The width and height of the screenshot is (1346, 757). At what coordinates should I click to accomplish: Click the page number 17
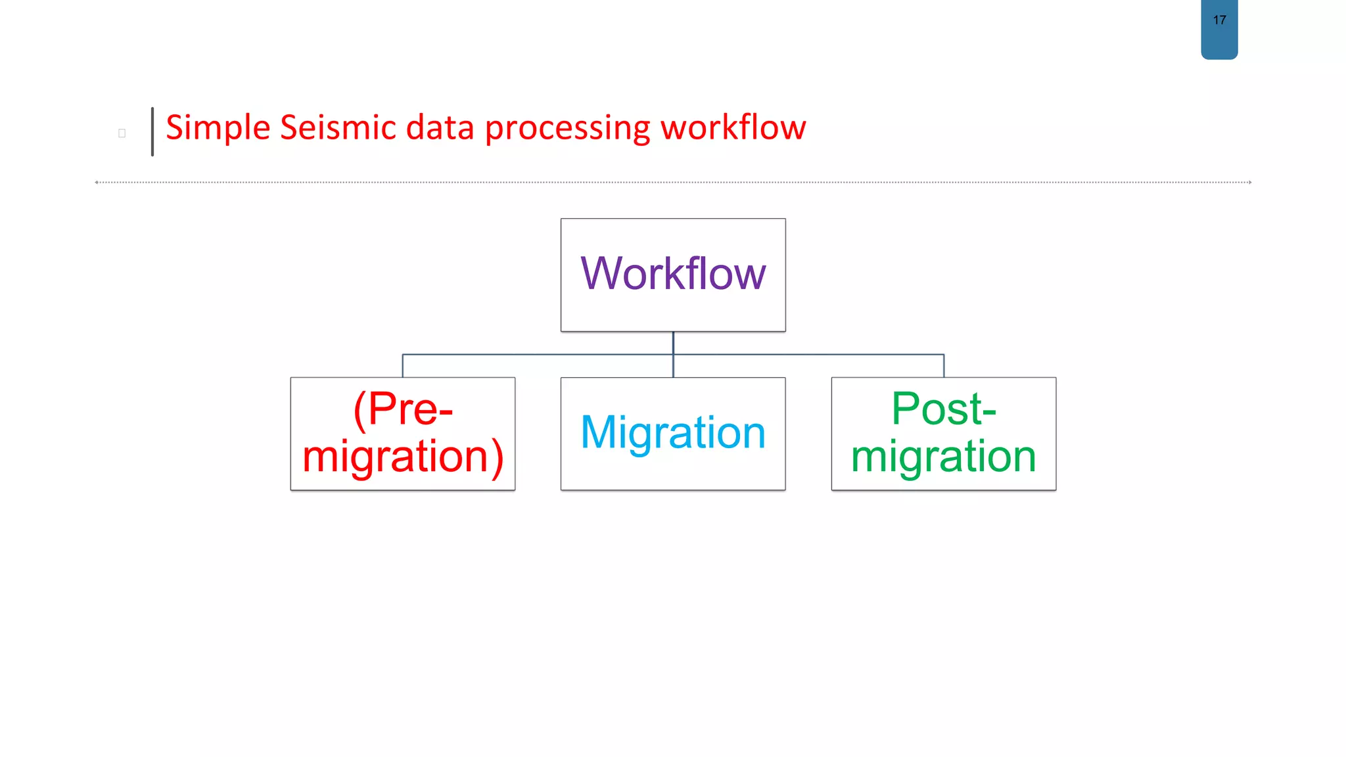point(1219,20)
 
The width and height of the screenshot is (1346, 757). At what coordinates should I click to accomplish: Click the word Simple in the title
point(218,127)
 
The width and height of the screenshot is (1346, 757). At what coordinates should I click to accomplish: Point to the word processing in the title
point(567,129)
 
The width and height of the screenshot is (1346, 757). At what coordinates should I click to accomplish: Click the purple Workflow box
point(673,274)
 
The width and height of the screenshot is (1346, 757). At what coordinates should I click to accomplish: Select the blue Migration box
point(673,433)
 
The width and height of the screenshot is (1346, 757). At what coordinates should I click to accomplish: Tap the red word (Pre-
point(403,409)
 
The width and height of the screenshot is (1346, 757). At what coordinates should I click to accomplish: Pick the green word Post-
point(944,409)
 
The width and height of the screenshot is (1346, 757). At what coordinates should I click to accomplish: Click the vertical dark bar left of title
point(152,131)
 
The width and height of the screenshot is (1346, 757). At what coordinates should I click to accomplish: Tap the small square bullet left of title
point(122,133)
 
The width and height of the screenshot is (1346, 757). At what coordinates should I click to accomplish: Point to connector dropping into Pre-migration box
point(403,366)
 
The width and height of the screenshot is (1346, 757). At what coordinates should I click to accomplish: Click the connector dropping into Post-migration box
point(944,366)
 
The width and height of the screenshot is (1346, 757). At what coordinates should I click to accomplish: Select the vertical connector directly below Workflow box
point(673,343)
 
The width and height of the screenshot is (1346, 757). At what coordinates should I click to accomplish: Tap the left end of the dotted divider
point(97,182)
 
